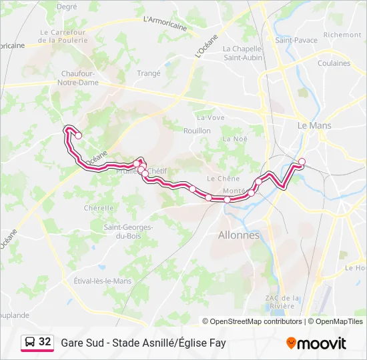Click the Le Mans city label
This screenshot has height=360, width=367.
(314, 125)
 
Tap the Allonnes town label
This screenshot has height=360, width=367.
(238, 235)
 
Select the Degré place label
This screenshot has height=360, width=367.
(67, 7)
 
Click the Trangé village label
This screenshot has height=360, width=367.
(148, 73)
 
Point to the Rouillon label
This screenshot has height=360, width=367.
(197, 131)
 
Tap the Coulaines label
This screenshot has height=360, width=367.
(334, 64)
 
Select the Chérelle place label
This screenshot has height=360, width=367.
(98, 208)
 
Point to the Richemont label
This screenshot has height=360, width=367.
(342, 35)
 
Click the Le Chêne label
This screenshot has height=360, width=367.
(223, 179)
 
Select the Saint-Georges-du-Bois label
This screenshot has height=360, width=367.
(128, 231)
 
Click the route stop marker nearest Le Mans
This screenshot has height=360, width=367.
(302, 161)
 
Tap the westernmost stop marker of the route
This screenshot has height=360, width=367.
(78, 135)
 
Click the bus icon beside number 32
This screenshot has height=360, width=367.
(30, 343)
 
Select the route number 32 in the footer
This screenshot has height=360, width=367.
(45, 342)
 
